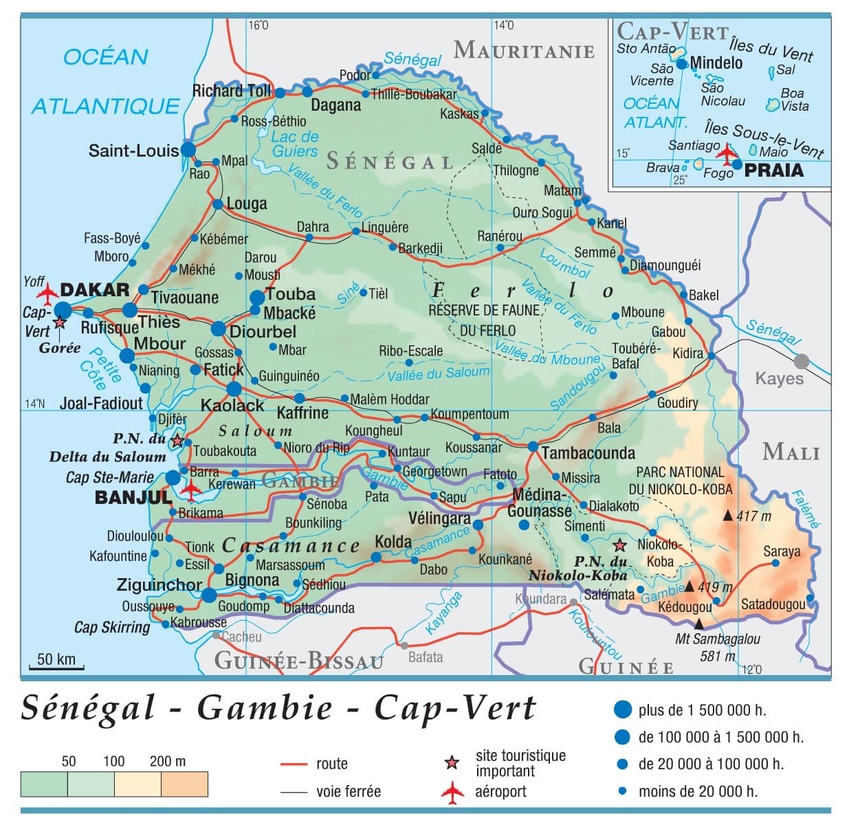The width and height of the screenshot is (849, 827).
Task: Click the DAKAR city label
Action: pos(95,289)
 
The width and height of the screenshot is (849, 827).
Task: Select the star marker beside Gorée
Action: pos(60,322)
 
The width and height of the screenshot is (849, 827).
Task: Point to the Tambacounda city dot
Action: pos(532,446)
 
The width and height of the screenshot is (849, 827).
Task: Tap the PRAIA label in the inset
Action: pos(774,170)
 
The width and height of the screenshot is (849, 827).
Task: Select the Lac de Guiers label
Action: pos(295,144)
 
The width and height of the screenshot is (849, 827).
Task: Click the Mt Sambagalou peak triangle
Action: pos(699,624)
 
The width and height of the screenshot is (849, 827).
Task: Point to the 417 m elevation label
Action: pos(754,516)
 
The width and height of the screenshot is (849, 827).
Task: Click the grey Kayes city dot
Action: pos(802,360)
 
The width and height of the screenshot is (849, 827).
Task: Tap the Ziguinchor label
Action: pos(159,585)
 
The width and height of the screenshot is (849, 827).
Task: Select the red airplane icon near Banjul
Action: pos(190,489)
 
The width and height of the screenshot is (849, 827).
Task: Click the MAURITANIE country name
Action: pos(524,50)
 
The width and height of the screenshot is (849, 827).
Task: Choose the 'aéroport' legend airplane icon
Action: pos(452,791)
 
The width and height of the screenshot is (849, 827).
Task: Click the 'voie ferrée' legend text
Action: pos(348,791)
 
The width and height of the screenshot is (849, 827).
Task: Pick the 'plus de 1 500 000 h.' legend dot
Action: pos(622,710)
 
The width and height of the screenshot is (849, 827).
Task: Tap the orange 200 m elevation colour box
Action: pos(184,784)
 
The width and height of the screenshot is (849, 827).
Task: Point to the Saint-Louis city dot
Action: pos(188,150)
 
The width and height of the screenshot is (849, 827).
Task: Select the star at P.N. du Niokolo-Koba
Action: pos(619,545)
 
